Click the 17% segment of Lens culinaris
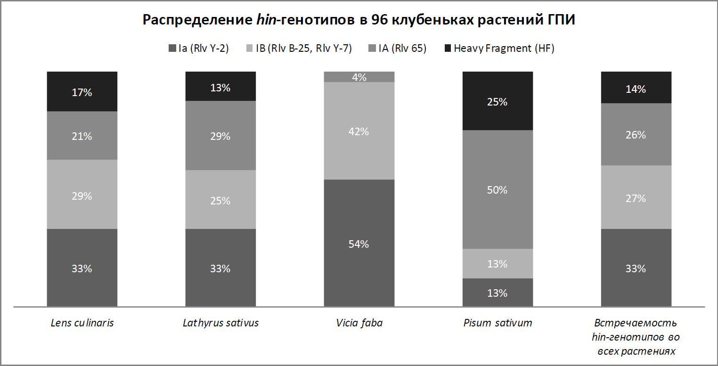(x=82, y=92)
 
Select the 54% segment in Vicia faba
(x=359, y=244)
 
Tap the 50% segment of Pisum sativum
(x=498, y=189)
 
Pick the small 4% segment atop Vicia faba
(x=359, y=77)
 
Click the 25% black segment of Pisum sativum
(x=498, y=101)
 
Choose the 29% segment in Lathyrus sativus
(x=220, y=136)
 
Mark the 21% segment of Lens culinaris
(x=82, y=136)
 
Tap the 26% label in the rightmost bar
(x=636, y=135)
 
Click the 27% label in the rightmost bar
(x=636, y=198)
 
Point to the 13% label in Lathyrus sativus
(x=220, y=87)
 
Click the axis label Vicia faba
(x=359, y=323)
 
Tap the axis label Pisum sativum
(x=498, y=323)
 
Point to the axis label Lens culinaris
(x=82, y=323)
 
